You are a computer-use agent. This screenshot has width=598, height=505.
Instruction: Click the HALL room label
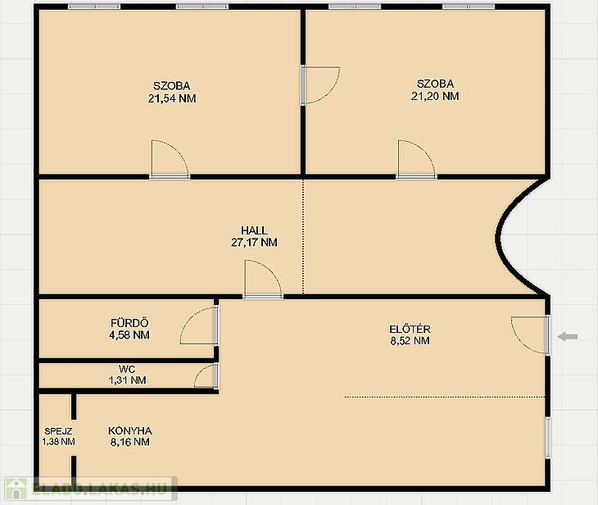254,230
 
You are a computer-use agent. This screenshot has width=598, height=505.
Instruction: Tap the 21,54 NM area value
172,98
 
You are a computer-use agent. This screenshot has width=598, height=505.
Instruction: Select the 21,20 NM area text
435,96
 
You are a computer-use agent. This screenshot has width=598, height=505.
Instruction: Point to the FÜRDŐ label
129,323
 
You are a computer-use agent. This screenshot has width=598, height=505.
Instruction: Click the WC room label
127,369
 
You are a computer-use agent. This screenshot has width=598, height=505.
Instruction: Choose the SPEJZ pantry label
58,431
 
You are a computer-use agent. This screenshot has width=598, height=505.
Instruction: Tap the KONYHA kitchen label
130,431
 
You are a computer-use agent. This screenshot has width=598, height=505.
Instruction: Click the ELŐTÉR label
410,329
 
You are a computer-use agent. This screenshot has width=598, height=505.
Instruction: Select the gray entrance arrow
568,337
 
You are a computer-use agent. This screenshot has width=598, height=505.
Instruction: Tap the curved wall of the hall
499,237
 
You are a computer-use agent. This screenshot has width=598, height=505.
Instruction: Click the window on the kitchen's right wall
548,438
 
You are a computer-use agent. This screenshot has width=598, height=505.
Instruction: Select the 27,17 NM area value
254,243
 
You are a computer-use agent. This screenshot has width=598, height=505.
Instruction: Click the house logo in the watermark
16,489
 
